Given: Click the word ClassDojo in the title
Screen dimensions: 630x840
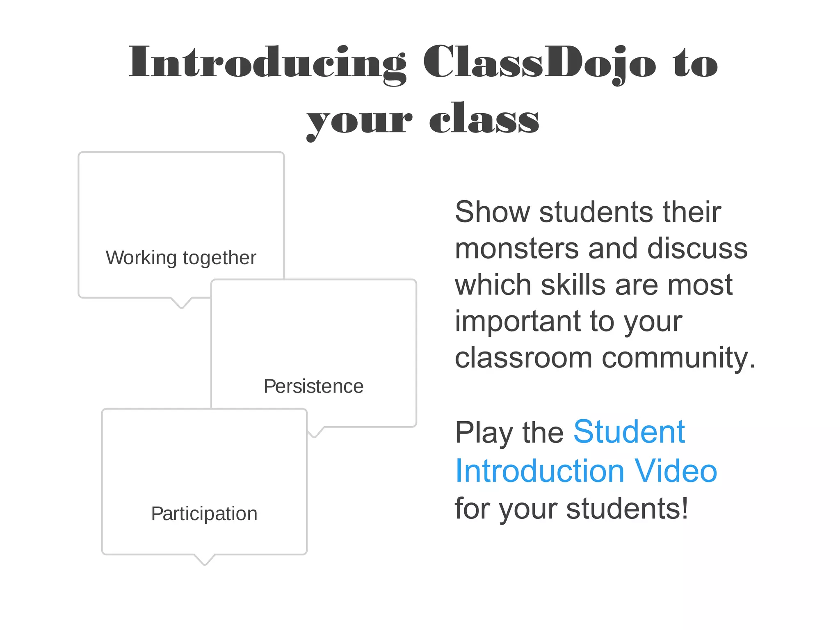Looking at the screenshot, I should click(539, 62).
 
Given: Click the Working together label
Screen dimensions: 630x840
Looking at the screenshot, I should click(181, 258).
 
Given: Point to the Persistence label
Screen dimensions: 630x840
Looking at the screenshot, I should click(313, 386).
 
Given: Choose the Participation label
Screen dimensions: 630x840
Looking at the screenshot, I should click(204, 514).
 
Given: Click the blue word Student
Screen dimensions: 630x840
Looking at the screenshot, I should click(629, 432).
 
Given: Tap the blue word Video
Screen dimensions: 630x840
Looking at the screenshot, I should click(676, 471).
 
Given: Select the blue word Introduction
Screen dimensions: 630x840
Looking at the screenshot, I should click(540, 471).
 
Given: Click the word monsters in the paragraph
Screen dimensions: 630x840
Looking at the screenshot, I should click(516, 249).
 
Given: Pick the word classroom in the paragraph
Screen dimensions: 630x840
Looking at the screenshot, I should click(523, 358).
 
